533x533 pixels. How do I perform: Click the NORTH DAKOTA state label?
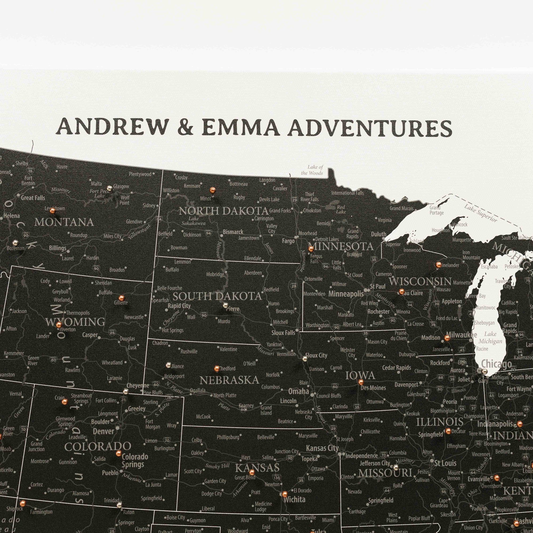pos(223,211)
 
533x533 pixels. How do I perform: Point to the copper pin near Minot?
pos(212,190)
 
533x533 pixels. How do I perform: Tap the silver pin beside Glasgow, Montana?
pos(110,188)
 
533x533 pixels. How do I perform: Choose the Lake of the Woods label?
pos(312,170)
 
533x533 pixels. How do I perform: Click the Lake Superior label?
pos(480,213)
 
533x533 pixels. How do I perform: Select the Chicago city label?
pos(496,364)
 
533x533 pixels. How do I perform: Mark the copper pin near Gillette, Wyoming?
pos(121,298)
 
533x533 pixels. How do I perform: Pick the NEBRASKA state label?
pos(229,380)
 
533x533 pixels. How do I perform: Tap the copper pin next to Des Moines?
pos(360,382)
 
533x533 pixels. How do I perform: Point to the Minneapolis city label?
pos(346,294)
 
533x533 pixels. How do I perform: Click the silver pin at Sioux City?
pos(305,359)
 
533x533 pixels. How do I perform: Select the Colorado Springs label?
pos(135,460)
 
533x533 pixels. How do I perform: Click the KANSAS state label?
pos(257,468)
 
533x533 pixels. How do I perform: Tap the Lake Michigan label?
pos(490,338)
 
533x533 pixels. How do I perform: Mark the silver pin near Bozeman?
pos(15,243)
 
